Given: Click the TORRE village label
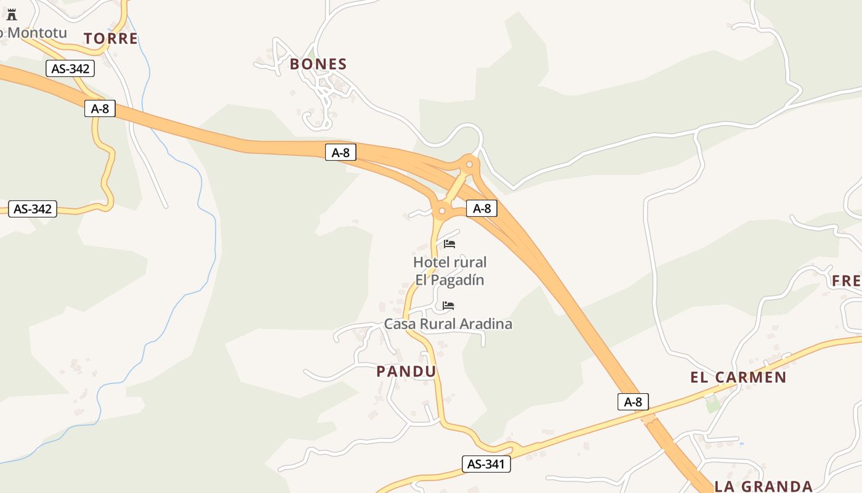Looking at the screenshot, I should [111, 39].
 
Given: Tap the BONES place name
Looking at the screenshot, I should [318, 64].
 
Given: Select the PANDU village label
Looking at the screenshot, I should [406, 372].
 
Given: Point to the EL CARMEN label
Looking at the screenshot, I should [738, 378].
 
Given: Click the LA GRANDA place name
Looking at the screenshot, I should [763, 486].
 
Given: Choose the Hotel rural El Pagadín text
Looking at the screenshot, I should [449, 271].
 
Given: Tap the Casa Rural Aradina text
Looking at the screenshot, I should [448, 324].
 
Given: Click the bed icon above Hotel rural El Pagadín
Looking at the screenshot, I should [449, 244].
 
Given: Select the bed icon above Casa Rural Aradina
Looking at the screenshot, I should [448, 306].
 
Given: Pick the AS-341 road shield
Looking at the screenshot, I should [486, 464].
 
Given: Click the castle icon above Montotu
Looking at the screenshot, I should [12, 15].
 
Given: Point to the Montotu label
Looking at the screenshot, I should [34, 33].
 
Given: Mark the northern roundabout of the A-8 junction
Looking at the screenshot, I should [470, 164].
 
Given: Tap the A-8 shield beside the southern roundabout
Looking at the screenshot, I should [481, 208].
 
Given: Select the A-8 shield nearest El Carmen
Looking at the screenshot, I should [633, 402].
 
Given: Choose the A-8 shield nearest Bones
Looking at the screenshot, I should [340, 152].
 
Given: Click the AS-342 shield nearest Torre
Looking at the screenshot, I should [70, 68].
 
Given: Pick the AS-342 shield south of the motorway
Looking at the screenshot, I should [33, 209].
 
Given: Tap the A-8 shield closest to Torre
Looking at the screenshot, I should [100, 109].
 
